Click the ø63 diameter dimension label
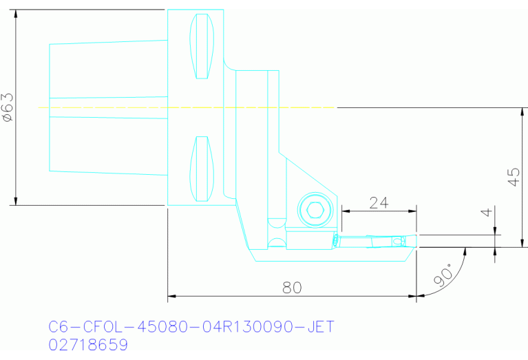8,107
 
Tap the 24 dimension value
379,203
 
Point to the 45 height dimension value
512,178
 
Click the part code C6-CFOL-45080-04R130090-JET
191,326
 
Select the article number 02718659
88,343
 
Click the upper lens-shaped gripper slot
202,46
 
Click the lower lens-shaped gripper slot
202,169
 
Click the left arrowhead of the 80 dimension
171,297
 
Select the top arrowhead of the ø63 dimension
16,13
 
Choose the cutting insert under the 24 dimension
375,241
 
